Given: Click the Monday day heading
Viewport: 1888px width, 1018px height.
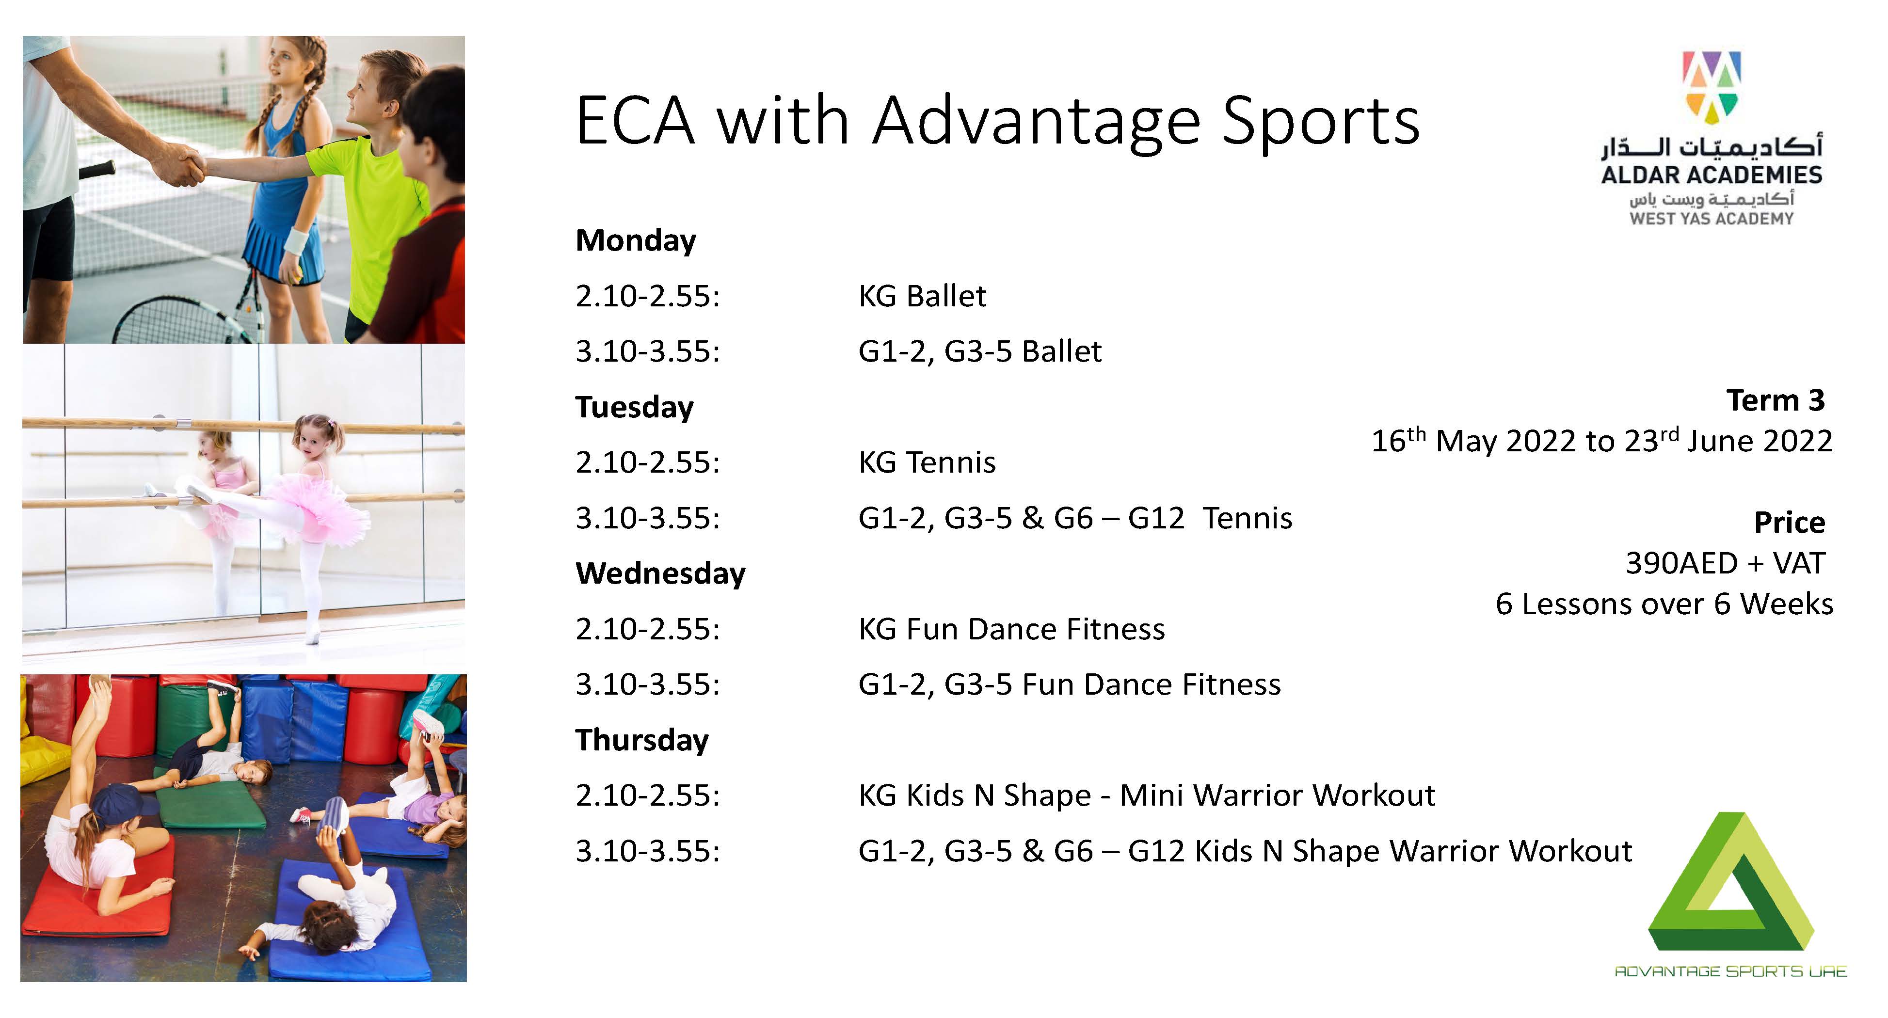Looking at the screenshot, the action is coord(636,241).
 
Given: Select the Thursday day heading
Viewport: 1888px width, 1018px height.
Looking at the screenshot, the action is coord(642,740).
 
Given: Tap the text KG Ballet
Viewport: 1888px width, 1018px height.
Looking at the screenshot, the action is coord(922,296).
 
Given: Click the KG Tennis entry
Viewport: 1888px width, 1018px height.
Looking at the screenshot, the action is coord(927,462).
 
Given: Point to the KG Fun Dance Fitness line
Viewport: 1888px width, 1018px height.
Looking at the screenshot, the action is coord(1011,629).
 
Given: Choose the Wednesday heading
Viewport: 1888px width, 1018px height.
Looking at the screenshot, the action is coord(660,573).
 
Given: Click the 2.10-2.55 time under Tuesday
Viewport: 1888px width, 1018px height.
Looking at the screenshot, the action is coord(648,462).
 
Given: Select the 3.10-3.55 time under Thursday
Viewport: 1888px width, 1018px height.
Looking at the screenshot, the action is coord(648,851).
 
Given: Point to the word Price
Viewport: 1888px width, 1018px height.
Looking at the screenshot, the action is coord(1789,523).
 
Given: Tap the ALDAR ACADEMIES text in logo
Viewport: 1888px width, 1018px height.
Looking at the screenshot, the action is coord(1712,175).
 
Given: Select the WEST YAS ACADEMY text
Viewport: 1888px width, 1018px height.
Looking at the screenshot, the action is coord(1712,219).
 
